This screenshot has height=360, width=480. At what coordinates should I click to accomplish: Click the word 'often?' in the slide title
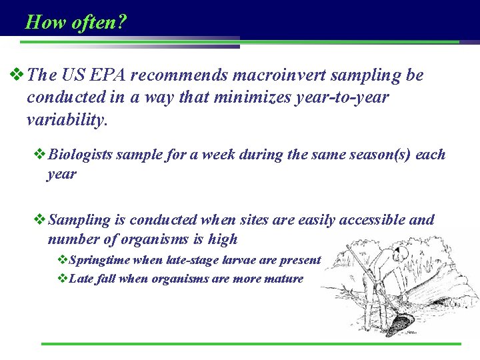click(x=98, y=23)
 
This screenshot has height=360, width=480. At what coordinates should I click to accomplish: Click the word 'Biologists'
click(x=81, y=155)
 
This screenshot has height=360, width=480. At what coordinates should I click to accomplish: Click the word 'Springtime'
click(x=99, y=260)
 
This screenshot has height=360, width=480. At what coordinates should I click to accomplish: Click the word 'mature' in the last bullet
click(x=283, y=279)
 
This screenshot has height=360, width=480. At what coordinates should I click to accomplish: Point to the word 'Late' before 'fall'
click(x=81, y=279)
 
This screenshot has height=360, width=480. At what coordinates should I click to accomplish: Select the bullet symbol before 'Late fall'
click(x=62, y=278)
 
